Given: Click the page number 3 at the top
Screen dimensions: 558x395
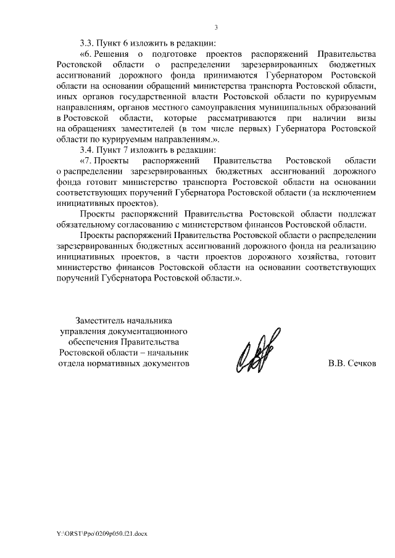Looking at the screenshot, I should coord(216,27).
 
